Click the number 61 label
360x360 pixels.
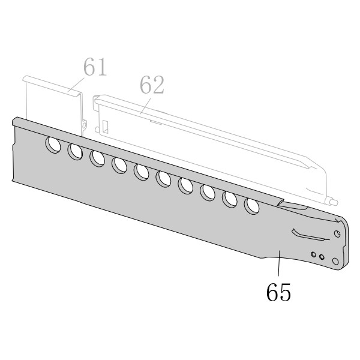pos(95,67)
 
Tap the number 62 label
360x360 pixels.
pos(152,85)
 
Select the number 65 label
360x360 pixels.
pos(278,292)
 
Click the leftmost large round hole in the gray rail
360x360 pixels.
pos(53,145)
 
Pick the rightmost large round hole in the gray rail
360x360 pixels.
pos(252,206)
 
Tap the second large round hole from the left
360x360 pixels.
pos(75,152)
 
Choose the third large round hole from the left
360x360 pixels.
pos(97,158)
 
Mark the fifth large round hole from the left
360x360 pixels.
pos(141,172)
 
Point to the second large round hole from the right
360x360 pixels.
pos(230,199)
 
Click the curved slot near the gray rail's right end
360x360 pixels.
pos(310,235)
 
